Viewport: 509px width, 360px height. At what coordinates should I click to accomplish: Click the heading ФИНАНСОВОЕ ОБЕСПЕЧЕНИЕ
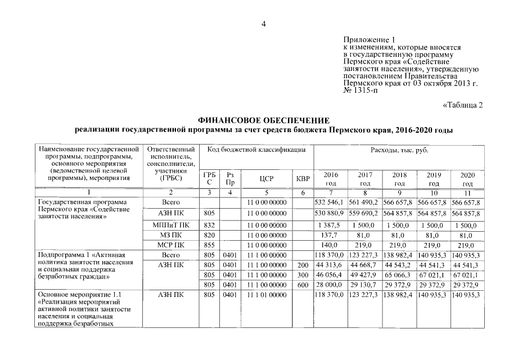(x=263, y=121)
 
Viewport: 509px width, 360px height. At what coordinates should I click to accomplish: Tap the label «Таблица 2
(x=463, y=105)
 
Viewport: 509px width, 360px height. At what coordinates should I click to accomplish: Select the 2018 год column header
(x=399, y=179)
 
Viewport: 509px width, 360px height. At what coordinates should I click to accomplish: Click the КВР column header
(x=303, y=179)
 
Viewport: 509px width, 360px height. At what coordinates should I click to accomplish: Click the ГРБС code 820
(x=209, y=235)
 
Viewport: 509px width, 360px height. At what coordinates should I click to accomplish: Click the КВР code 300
(x=303, y=275)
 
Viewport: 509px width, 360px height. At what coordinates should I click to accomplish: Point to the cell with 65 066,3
(x=399, y=275)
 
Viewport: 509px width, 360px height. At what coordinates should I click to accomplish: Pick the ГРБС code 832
(x=209, y=225)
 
